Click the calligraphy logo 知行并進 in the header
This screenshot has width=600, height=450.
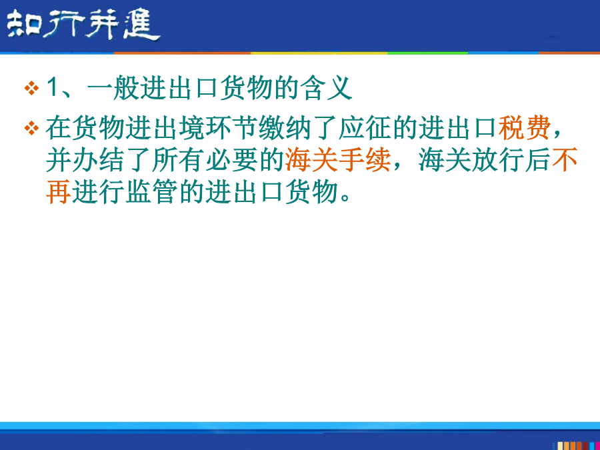click(x=83, y=25)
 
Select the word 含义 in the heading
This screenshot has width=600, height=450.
click(x=325, y=89)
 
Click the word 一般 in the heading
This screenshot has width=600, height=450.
click(x=113, y=89)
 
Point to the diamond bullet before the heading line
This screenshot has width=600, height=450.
click(x=31, y=89)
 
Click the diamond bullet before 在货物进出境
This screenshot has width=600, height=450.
click(x=31, y=128)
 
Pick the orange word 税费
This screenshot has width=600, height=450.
click(x=524, y=128)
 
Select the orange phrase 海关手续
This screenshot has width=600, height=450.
click(x=338, y=159)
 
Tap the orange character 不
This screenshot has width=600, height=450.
click(x=565, y=159)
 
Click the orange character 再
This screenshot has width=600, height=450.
click(x=59, y=191)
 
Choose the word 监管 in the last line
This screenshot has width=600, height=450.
click(x=151, y=191)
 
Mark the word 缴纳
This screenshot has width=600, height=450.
click(x=285, y=128)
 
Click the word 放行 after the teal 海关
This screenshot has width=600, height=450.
click(x=498, y=159)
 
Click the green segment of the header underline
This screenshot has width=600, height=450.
click(x=428, y=53)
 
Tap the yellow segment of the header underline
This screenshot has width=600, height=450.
click(x=319, y=53)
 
